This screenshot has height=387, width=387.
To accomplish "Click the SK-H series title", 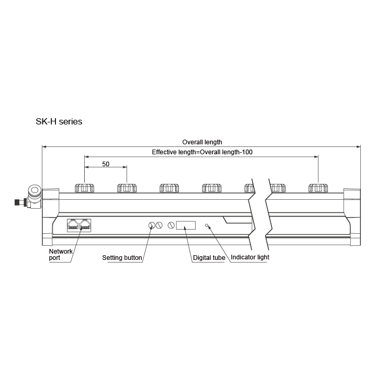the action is (x=59, y=121).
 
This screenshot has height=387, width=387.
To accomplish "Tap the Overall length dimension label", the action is (x=202, y=142).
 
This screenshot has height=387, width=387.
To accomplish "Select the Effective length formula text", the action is (x=202, y=152).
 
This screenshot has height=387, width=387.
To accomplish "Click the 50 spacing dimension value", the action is (x=106, y=164).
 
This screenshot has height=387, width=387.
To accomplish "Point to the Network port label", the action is (x=61, y=255).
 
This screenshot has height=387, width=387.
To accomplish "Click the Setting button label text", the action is (x=122, y=258).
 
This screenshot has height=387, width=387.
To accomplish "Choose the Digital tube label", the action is (x=209, y=258).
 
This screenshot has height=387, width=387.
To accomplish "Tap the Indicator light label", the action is (x=250, y=257).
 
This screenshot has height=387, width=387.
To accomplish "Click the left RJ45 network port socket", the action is (x=73, y=225).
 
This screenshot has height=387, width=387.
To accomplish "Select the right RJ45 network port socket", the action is (x=85, y=225).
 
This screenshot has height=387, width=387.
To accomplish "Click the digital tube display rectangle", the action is (x=186, y=225).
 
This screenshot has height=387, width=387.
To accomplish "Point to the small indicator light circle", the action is (x=207, y=225).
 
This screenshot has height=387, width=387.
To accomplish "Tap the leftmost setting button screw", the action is (x=152, y=225).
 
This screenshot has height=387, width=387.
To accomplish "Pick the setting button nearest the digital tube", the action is (x=171, y=225).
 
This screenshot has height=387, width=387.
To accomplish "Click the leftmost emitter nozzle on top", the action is (x=84, y=188).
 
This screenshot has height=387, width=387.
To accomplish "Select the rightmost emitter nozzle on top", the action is (x=318, y=188).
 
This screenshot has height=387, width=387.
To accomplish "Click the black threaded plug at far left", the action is (x=18, y=202).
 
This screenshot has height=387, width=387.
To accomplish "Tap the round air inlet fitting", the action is (x=35, y=190).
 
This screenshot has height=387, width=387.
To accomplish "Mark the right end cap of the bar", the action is (x=352, y=217).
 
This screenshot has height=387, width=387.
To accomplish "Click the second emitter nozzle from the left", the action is (x=127, y=188).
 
